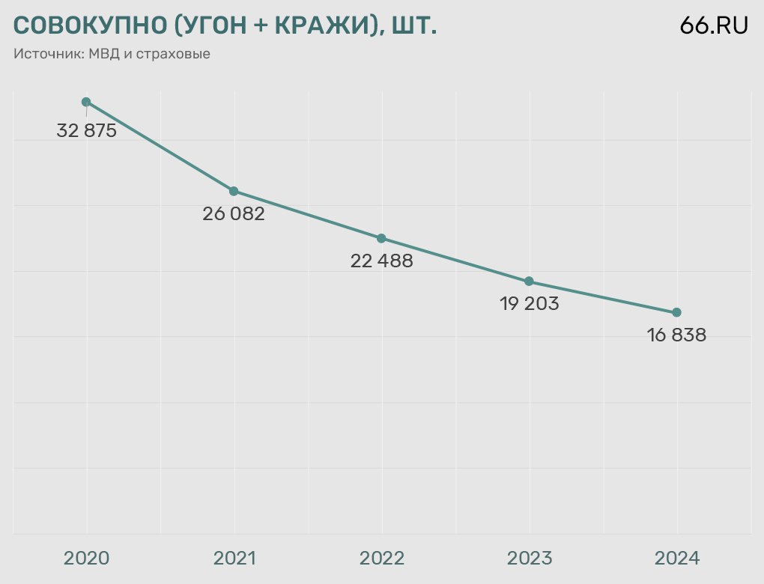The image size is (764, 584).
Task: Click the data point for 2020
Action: coord(86,102)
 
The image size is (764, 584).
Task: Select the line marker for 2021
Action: coord(234,191)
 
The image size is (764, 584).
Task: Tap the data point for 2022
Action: coord(381,238)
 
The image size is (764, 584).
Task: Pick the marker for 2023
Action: coord(529,282)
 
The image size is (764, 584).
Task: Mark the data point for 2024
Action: coord(677,312)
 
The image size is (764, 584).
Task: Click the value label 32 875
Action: coord(87,131)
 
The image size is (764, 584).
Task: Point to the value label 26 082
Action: coord(234,214)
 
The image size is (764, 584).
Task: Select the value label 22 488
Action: coord(381,261)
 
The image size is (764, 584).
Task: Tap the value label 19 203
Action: coord(529,304)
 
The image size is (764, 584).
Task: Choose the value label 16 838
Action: coord(677,335)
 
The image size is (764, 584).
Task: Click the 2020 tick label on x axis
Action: coord(86,559)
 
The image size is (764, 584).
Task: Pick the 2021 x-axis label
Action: coord(234,559)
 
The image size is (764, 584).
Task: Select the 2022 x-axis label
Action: coord(381,559)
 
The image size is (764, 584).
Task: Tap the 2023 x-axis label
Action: coord(529,559)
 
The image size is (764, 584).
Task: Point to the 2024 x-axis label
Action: coord(677,559)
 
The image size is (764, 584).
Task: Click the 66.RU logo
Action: coord(714,25)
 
